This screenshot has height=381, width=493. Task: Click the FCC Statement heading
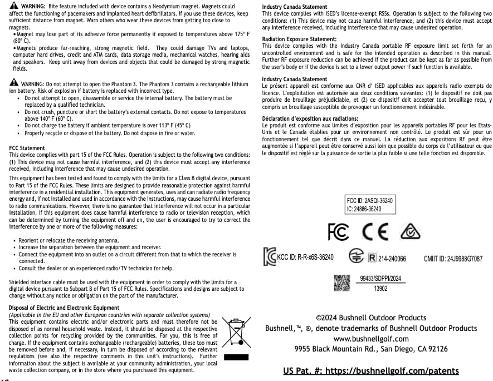point(27,148)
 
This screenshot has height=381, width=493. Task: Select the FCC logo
point(338,231)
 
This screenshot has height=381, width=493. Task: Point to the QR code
point(341,283)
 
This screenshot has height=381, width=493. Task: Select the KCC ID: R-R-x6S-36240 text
point(305,257)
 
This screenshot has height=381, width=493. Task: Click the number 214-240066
point(392,259)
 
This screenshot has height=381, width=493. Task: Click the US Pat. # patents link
point(371,370)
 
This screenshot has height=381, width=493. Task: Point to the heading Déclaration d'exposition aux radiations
point(310,119)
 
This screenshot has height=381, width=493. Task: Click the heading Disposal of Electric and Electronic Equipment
point(64,308)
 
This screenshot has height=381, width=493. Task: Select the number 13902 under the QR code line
point(380,289)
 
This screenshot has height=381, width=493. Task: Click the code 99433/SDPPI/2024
point(380,279)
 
